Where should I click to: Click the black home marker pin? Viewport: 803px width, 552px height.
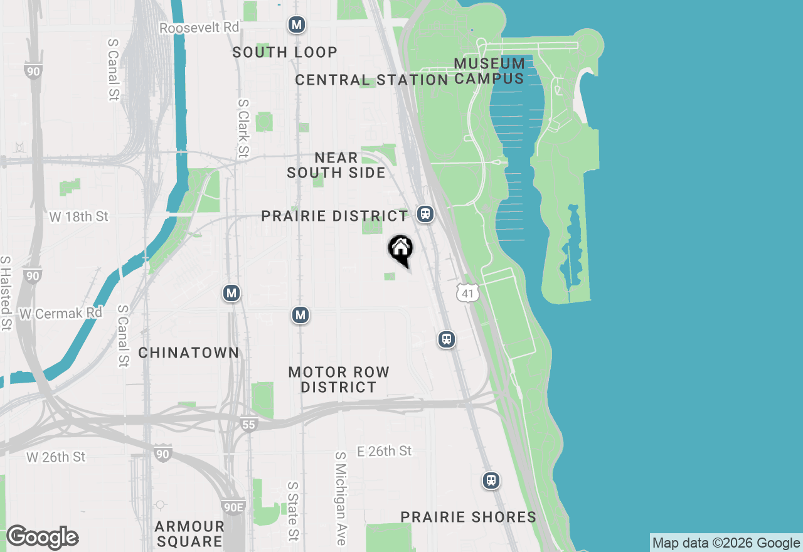400,250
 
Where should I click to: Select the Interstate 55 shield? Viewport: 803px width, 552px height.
249,425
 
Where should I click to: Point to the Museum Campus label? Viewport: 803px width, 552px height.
489,71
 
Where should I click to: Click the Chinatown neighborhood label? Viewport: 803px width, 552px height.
188,353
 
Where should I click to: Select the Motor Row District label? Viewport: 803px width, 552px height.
339,379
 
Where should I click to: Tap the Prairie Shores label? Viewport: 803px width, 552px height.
469,517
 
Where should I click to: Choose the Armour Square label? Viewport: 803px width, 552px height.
189,533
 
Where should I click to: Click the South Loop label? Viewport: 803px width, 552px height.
285,52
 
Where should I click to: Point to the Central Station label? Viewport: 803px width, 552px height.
371,80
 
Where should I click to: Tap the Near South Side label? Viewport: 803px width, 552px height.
336,165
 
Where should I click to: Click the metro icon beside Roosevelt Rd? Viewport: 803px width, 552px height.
296,25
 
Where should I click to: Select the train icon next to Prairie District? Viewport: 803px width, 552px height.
426,214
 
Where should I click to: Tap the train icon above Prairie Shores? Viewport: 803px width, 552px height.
491,480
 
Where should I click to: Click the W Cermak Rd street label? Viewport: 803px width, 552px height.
61,313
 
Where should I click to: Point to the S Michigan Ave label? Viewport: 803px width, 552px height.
341,499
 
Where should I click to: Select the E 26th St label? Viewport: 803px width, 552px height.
384,451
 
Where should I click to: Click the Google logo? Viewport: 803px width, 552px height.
42,537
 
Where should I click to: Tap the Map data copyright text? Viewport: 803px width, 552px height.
726,543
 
